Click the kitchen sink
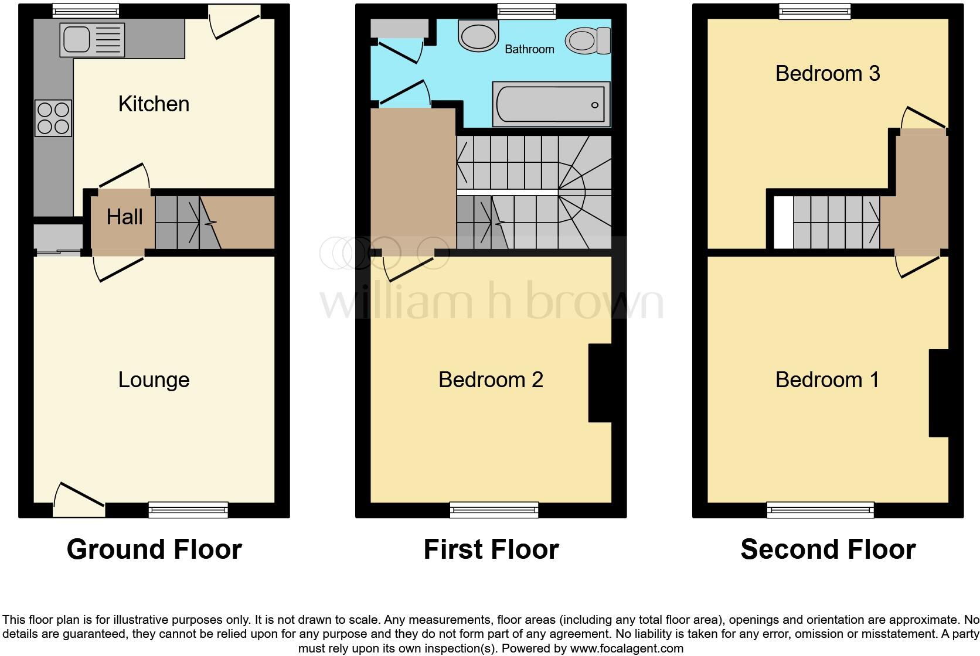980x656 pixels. [92, 40]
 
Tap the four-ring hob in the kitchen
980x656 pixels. [53, 118]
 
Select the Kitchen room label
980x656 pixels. [154, 104]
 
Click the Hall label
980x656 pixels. [124, 217]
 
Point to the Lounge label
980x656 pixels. [154, 380]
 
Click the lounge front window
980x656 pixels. [188, 510]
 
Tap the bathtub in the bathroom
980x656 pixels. [550, 104]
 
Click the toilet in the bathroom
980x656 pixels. [587, 41]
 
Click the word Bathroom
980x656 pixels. [529, 49]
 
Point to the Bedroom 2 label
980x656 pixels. [491, 380]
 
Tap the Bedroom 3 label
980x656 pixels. [827, 74]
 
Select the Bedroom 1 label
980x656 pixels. [827, 380]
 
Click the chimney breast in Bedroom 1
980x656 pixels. [938, 393]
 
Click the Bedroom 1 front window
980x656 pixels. [820, 510]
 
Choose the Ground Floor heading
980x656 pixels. [154, 549]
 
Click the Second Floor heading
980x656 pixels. [828, 549]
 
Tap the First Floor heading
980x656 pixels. [491, 549]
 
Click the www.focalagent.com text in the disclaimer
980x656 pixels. [627, 648]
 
